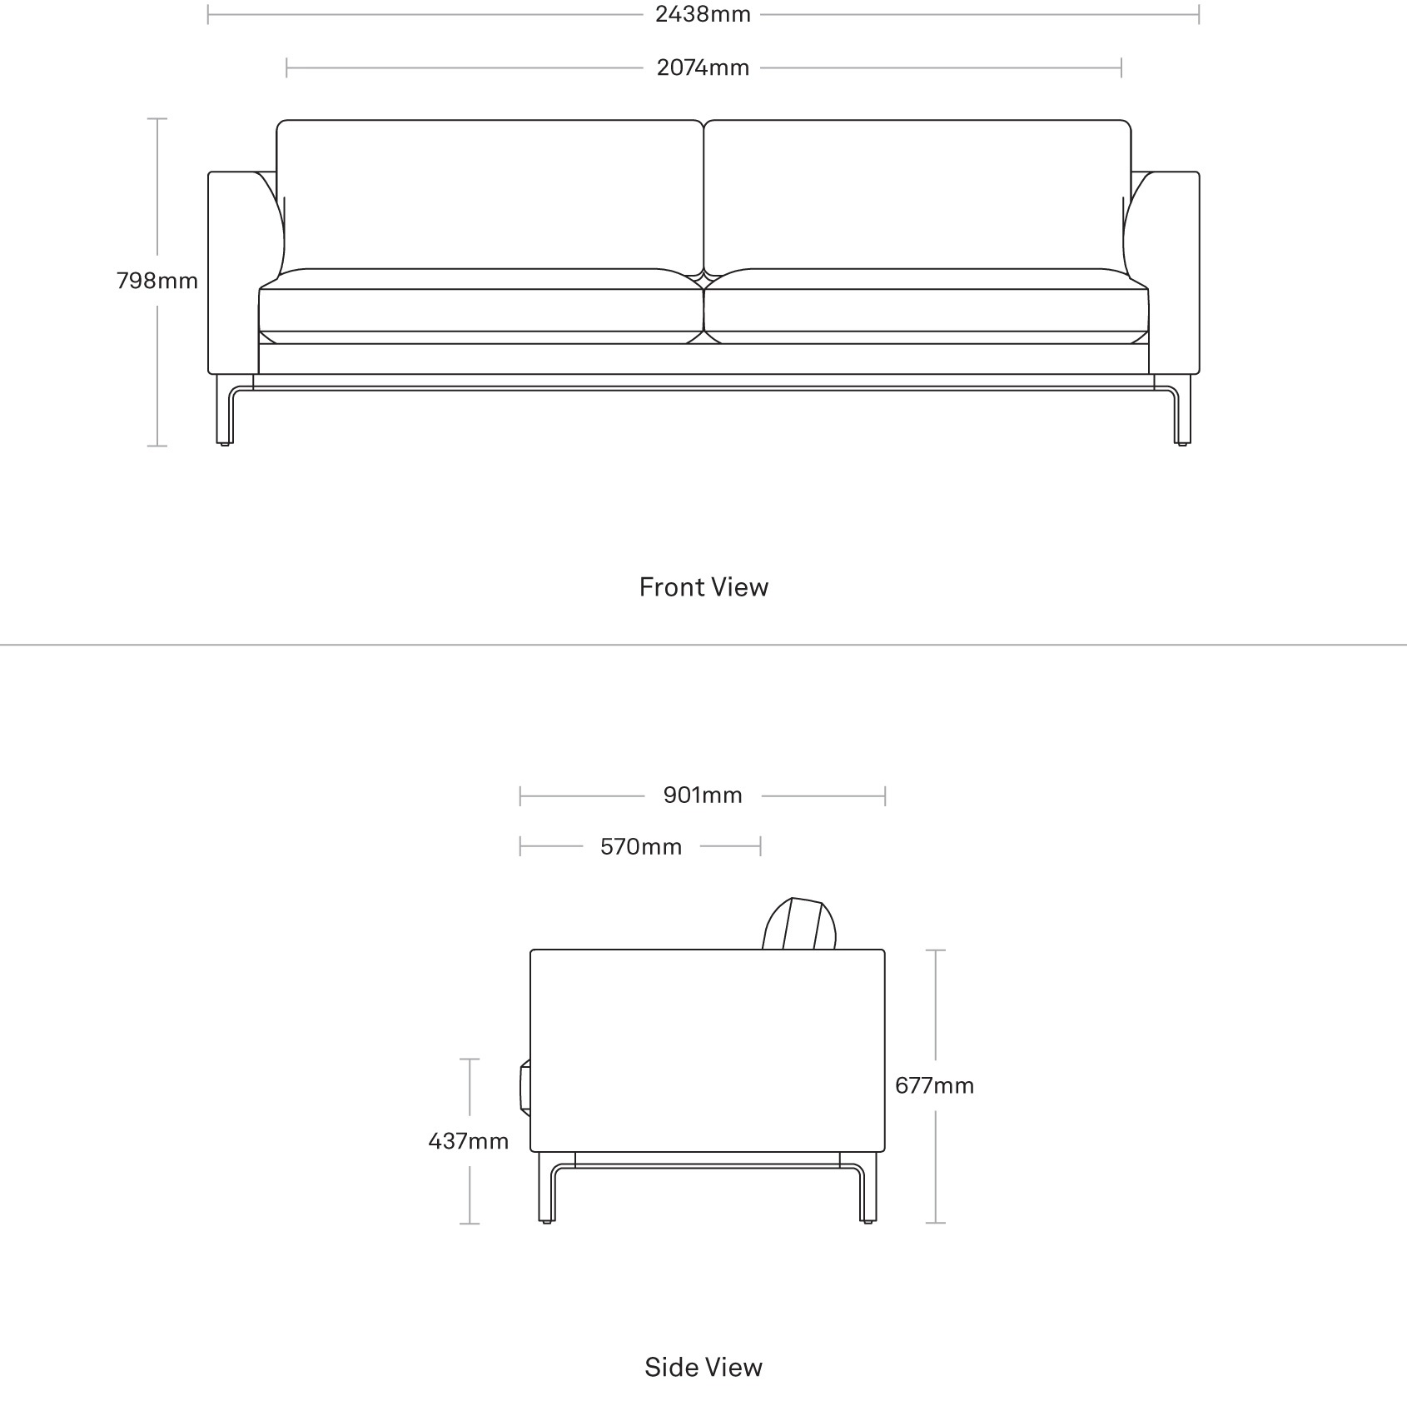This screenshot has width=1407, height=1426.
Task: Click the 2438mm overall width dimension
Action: pyautogui.click(x=703, y=14)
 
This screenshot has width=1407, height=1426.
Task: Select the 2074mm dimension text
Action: pyautogui.click(x=703, y=67)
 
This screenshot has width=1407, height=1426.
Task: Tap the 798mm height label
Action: pyautogui.click(x=157, y=281)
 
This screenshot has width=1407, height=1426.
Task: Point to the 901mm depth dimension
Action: pyautogui.click(x=703, y=795)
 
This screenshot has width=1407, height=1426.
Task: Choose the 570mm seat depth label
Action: pyautogui.click(x=641, y=847)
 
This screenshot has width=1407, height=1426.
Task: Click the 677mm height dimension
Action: pyautogui.click(x=934, y=1085)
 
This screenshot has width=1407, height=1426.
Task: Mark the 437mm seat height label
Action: pyautogui.click(x=469, y=1140)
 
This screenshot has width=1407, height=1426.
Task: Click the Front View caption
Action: pyautogui.click(x=703, y=587)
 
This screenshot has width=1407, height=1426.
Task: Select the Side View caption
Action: pyautogui.click(x=703, y=1367)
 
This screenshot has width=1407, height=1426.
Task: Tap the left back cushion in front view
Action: pyautogui.click(x=490, y=196)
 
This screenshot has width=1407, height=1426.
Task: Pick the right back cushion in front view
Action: pyautogui.click(x=917, y=196)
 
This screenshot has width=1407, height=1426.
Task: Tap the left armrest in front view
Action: pyautogui.click(x=233, y=272)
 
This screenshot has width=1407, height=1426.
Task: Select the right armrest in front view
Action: pyautogui.click(x=1174, y=272)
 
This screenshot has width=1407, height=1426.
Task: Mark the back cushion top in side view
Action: pyautogui.click(x=799, y=923)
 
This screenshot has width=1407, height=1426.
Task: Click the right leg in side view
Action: pyautogui.click(x=868, y=1187)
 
